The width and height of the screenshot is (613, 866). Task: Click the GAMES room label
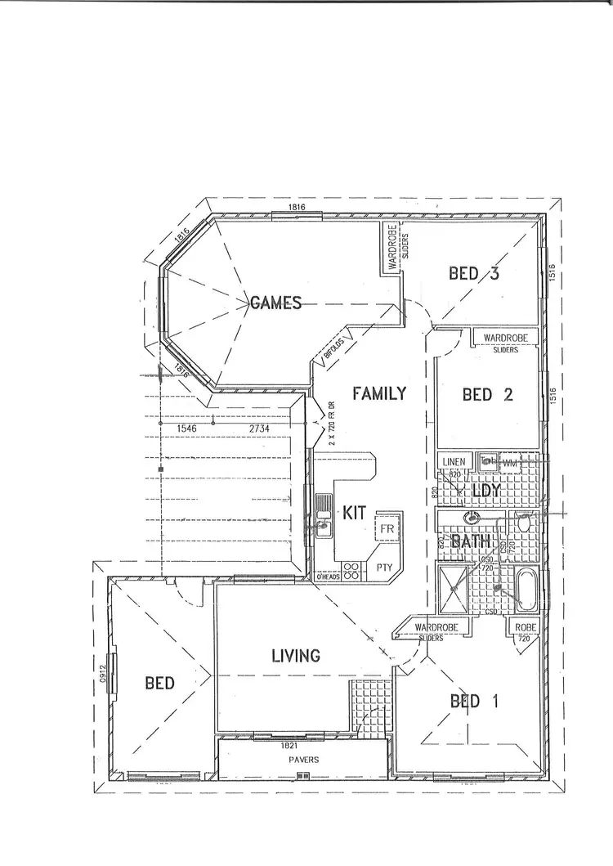coord(275,303)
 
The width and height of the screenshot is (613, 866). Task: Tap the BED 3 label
coord(474,274)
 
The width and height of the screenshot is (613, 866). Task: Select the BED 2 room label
coord(487,395)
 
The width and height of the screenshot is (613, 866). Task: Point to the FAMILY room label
coord(378,393)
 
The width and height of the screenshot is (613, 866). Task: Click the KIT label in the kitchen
coord(354,514)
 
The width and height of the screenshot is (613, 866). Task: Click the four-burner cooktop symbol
coord(352,569)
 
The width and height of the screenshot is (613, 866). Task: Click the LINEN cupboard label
coord(454,462)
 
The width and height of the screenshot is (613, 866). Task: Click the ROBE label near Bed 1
coord(524,627)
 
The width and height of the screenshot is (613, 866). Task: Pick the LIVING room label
coord(295,655)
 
